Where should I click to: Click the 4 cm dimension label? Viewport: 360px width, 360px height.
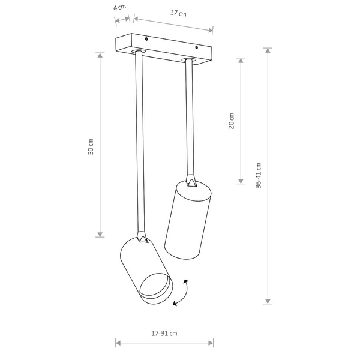click(x=119, y=7)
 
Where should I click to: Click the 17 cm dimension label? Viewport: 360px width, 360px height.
click(x=178, y=13)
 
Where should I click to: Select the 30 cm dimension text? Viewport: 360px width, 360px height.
click(x=91, y=146)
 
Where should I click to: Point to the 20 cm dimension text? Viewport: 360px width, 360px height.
click(x=232, y=121)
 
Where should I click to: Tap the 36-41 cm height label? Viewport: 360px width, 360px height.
click(x=258, y=175)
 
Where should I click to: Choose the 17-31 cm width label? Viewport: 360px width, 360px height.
click(x=164, y=333)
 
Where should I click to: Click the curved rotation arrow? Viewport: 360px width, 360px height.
click(x=181, y=293)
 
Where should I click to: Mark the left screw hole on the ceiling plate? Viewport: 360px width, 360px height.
click(x=146, y=39)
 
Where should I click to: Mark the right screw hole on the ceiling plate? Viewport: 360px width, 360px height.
click(x=196, y=47)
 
